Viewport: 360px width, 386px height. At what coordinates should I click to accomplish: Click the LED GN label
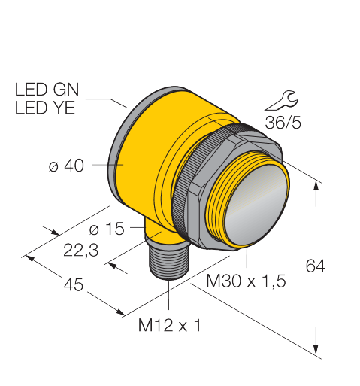point(47,90)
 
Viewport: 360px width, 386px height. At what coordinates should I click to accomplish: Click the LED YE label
point(45,108)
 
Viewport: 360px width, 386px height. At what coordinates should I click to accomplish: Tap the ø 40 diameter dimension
point(66,166)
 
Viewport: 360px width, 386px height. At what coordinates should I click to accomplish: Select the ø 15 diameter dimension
point(107,229)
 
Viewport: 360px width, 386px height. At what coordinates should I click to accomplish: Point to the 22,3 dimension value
point(80,251)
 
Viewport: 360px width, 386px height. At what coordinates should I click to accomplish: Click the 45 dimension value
point(73,285)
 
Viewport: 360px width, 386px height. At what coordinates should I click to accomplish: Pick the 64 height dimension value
point(316,266)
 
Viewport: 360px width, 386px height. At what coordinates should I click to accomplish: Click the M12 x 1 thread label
point(170,326)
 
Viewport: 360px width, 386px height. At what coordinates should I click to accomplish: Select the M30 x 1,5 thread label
point(246,281)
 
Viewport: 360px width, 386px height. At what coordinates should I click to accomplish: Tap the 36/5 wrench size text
point(283,123)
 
